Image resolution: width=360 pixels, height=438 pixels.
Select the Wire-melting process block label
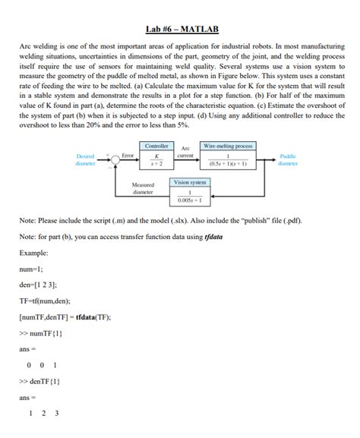coord(228,145)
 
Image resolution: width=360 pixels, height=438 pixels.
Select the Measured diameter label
coord(143,188)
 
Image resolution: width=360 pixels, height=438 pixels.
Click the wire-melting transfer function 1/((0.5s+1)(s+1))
coord(228,159)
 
